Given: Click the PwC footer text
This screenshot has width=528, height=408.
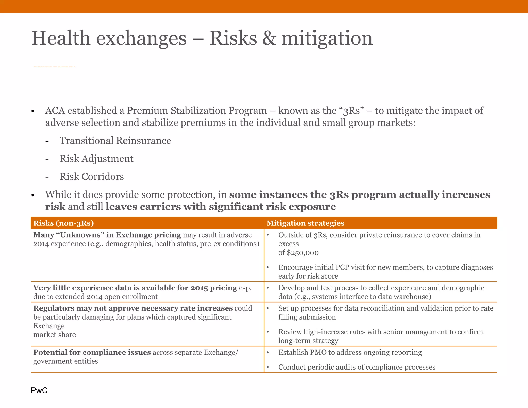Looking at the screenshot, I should point(39,390).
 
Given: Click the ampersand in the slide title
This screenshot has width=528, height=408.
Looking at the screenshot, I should point(269,38).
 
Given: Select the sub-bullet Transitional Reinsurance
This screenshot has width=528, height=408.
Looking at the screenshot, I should point(115,141).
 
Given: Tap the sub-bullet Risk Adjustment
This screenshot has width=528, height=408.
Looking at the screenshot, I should point(96,159).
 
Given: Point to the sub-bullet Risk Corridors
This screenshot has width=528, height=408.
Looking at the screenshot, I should point(92,177).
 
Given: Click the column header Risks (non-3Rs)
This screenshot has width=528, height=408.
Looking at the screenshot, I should point(63,223).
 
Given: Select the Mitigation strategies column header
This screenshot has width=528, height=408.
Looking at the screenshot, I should point(305,223).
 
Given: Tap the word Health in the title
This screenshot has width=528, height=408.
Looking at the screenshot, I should point(61,38).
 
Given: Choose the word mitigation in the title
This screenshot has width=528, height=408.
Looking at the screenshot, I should point(327,38).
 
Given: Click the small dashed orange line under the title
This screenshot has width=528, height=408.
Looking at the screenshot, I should point(54,67).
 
